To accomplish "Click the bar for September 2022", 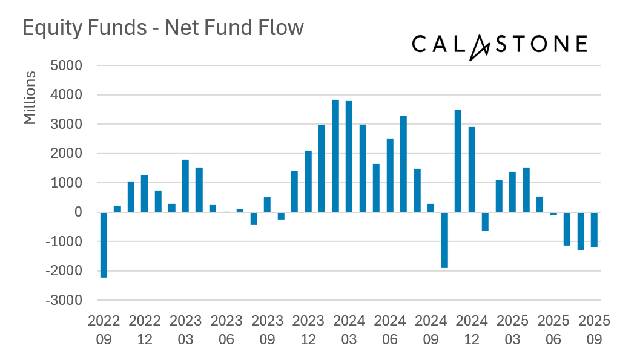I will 104,244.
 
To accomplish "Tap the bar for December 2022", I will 145,194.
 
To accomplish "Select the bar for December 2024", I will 472,169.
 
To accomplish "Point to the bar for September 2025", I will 595,229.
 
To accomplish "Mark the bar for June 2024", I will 390,175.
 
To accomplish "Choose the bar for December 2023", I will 308,181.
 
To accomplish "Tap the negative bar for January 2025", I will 485,221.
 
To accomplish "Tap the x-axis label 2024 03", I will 349,330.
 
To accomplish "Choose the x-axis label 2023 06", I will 226,330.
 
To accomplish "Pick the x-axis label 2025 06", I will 553,330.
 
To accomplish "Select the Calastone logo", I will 499,45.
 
